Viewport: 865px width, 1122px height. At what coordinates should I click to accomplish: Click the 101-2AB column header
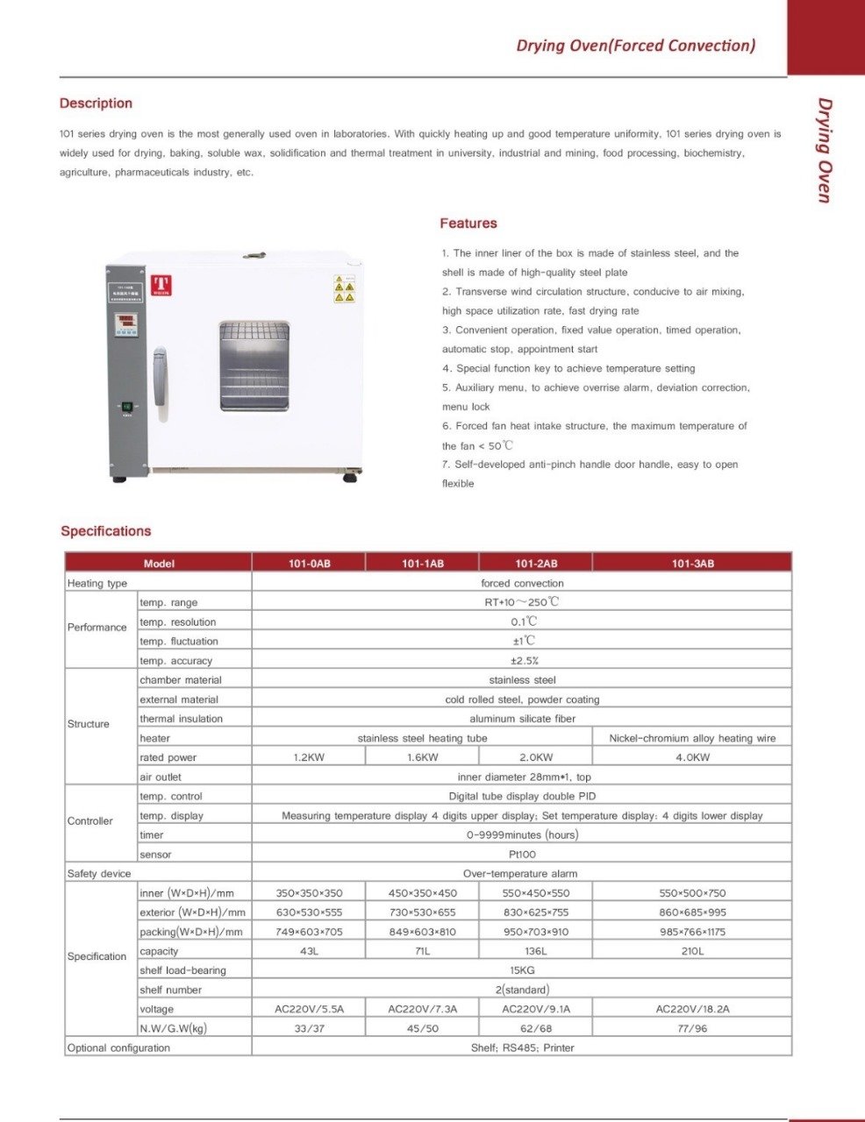[536, 564]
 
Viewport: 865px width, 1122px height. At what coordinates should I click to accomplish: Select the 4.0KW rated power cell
[692, 757]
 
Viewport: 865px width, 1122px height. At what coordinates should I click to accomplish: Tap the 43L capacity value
[309, 951]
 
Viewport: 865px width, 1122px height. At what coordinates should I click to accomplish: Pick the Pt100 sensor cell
[522, 854]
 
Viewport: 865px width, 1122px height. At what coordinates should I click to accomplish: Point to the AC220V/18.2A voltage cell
[692, 1009]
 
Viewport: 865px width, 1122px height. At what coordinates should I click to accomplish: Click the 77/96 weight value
[692, 1028]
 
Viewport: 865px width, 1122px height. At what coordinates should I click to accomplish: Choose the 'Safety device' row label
[99, 874]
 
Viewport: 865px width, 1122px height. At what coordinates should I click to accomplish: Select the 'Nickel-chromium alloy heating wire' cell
[692, 738]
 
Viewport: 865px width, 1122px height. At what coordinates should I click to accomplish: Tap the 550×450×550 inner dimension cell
[536, 893]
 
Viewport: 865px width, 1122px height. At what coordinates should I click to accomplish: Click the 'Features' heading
[468, 224]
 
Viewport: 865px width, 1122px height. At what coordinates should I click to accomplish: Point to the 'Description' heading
[96, 103]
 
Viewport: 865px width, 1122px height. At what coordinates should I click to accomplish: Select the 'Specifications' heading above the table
[106, 531]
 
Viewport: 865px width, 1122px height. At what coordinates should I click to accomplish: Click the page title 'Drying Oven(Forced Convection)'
[635, 46]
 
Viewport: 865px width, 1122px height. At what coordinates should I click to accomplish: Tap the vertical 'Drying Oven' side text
[825, 150]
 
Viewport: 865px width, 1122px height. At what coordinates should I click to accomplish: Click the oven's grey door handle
[160, 377]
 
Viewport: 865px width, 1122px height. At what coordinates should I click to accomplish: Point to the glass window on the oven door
[254, 366]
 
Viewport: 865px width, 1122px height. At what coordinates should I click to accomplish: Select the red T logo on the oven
[160, 285]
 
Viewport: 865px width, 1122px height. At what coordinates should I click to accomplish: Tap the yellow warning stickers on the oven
[344, 288]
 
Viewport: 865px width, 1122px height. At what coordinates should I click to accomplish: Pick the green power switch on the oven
[126, 407]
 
